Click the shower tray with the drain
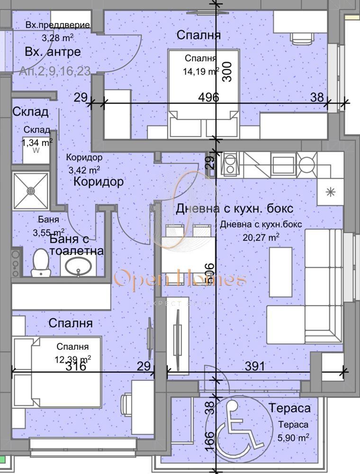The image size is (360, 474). coord(31,191)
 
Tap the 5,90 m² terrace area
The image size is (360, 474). coord(294,437)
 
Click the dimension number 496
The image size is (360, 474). coord(209,98)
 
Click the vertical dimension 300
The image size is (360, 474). coord(227,72)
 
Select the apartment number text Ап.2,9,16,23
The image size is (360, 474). coord(55,71)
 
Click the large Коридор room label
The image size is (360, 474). coord(99,182)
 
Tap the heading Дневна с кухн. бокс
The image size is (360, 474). coord(234,208)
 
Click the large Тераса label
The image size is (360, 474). coord(289,408)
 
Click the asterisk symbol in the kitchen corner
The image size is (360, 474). coord(330,192)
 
